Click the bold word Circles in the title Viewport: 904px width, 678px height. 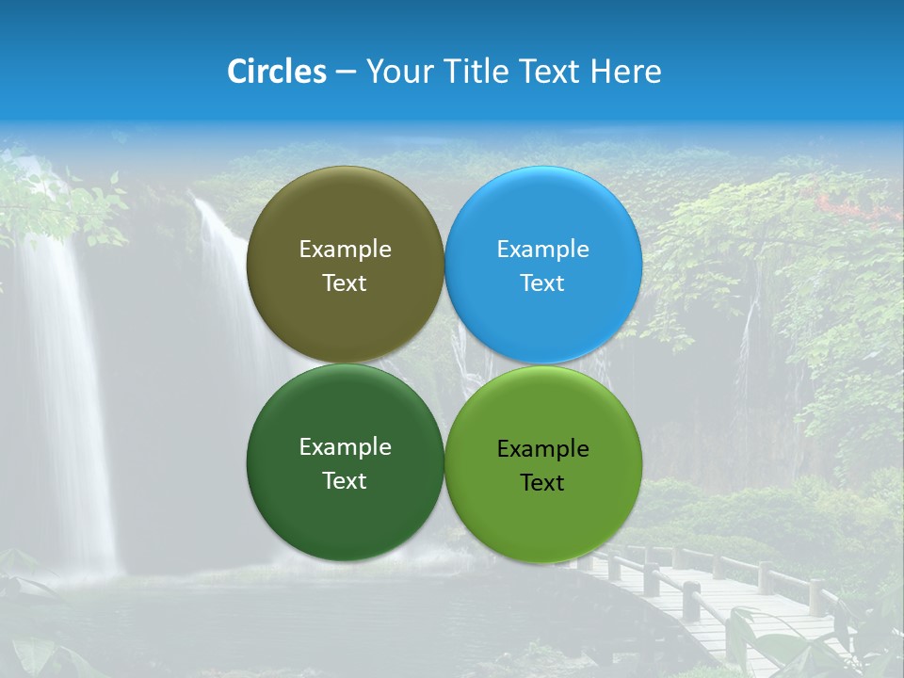pos(277,72)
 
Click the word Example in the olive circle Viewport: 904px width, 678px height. pos(345,249)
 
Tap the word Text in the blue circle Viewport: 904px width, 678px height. pos(542,282)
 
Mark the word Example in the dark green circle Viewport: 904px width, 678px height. pos(345,446)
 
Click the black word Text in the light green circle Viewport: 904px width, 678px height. pos(542,482)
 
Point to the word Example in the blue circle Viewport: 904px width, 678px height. pos(542,249)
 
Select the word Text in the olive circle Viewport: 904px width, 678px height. pos(345,282)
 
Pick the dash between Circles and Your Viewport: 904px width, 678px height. pos(346,73)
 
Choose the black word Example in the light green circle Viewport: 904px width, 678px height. pos(542,448)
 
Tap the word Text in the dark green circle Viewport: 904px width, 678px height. pos(345,480)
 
